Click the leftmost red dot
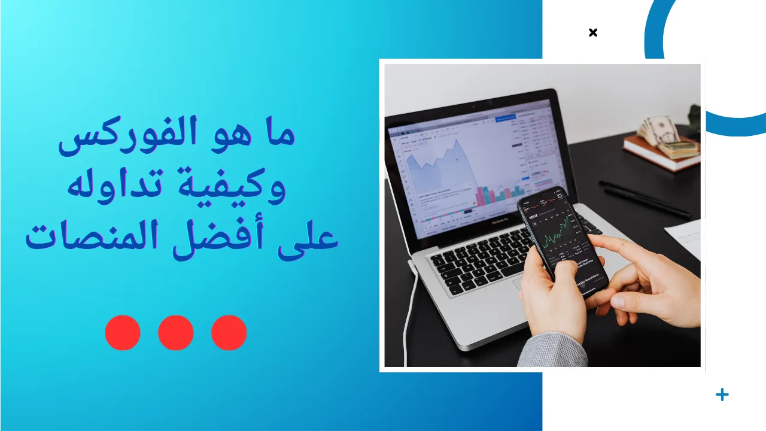123,333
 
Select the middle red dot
176,333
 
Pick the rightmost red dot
229,333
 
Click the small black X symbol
593,32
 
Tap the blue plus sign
722,394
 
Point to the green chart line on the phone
557,230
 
